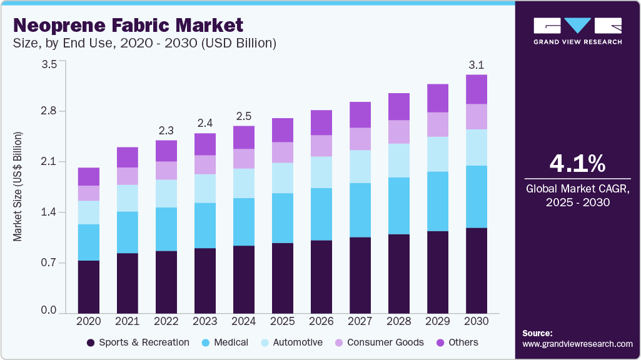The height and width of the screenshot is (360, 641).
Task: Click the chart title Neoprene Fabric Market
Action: [x=128, y=26]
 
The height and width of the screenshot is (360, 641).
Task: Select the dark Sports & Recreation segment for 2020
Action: [x=89, y=286]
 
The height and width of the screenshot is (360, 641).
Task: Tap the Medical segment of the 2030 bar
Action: [x=477, y=196]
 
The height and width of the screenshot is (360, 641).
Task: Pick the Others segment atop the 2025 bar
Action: [x=283, y=130]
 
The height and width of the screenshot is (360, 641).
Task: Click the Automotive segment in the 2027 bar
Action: [x=360, y=166]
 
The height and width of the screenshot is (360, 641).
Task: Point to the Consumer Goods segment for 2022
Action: [x=166, y=171]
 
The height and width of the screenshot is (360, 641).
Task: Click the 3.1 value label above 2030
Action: [x=477, y=64]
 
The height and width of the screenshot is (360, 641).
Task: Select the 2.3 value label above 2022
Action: [x=166, y=130]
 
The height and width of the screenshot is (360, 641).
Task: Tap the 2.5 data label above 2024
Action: [x=244, y=116]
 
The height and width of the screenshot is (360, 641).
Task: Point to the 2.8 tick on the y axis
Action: [x=49, y=111]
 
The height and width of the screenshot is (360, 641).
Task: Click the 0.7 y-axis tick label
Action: [x=49, y=263]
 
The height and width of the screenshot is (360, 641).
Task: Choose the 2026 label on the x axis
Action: [x=321, y=321]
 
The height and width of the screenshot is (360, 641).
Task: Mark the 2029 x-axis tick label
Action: [x=438, y=321]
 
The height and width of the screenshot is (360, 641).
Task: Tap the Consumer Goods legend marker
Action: [x=338, y=342]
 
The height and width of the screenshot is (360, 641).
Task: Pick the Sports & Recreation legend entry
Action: [x=139, y=342]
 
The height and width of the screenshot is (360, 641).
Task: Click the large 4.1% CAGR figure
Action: [x=577, y=164]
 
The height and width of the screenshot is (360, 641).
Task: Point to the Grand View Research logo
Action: [x=577, y=31]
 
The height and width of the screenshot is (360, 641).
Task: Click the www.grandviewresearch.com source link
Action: [x=577, y=344]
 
